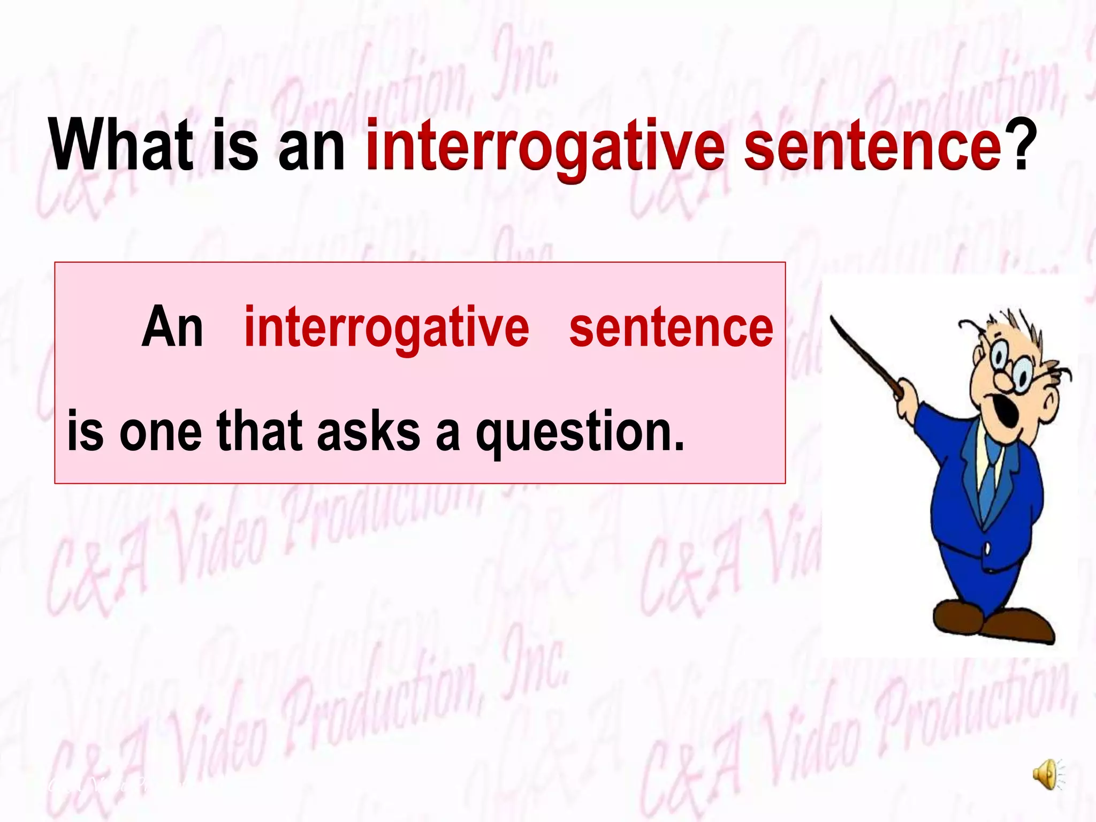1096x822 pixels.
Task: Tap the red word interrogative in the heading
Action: pyautogui.click(x=545, y=147)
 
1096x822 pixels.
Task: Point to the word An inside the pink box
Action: pyautogui.click(x=172, y=328)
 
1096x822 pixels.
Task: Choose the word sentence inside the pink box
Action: pyautogui.click(x=671, y=328)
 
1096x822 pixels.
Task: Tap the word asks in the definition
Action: pyautogui.click(x=369, y=431)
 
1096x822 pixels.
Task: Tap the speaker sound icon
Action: pyautogui.click(x=1047, y=774)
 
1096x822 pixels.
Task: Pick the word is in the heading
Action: pyautogui.click(x=235, y=146)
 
